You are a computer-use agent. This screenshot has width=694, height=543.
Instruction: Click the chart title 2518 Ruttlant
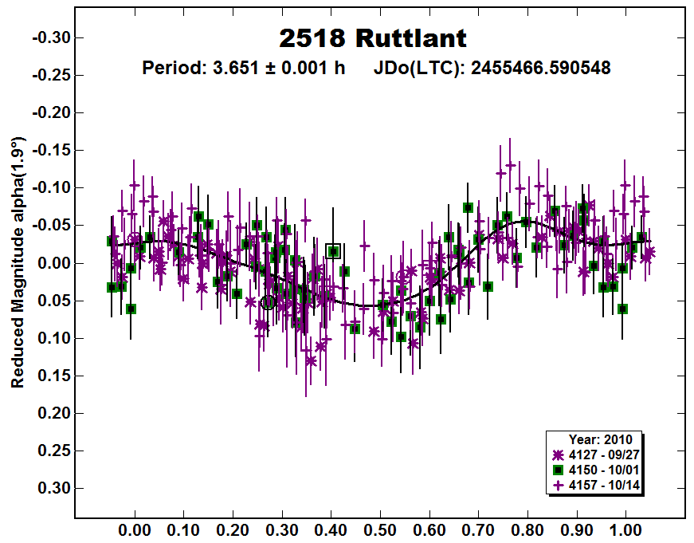pos(373,37)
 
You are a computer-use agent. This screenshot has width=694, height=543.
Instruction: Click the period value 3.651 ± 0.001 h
pos(243,68)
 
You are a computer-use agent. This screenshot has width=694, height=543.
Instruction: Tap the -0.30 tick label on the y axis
pos(50,37)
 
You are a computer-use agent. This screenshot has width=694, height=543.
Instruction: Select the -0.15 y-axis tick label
pos(50,150)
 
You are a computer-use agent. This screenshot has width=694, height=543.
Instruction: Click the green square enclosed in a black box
pos(334,251)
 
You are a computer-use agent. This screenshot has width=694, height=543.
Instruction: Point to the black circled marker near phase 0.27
pos(268,302)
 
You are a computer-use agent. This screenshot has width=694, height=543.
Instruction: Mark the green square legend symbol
pos(559,469)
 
